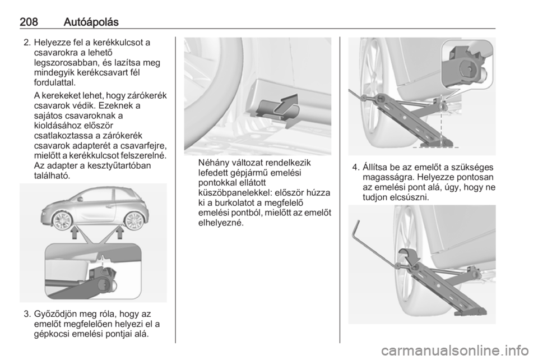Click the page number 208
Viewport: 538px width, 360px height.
coord(29,22)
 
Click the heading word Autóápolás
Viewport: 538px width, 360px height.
coord(91,22)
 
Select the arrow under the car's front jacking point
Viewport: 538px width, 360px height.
coord(74,234)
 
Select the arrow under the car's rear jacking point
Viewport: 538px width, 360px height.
coord(120,234)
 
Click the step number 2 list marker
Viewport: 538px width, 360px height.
coord(27,43)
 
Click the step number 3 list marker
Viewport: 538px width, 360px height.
coord(27,315)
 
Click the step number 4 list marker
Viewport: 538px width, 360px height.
coord(355,168)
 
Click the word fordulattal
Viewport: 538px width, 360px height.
coord(54,82)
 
